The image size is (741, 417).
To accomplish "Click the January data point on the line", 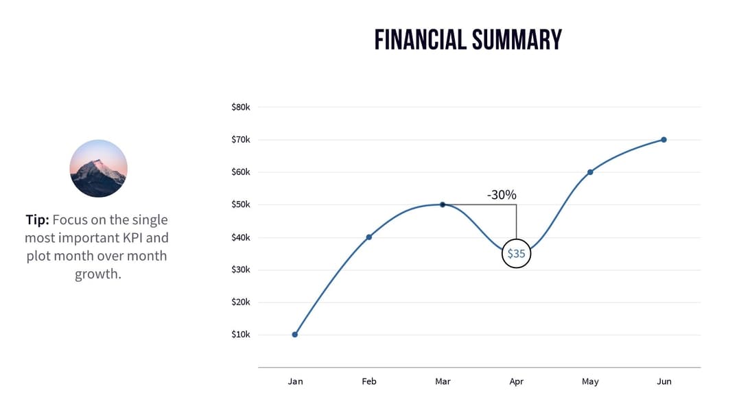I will (x=295, y=335).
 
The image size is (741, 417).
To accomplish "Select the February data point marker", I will (x=369, y=237).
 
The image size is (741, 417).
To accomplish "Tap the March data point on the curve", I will (x=443, y=204).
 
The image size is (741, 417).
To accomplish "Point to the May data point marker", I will (x=590, y=172).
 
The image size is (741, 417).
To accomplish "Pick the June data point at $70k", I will (x=663, y=140).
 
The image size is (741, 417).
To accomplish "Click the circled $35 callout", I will (x=516, y=253).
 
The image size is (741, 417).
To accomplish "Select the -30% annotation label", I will (x=502, y=195).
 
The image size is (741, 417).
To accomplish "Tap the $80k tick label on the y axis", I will (x=241, y=107).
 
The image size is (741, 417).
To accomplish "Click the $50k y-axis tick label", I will (x=241, y=204).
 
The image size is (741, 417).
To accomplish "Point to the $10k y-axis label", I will (x=241, y=335).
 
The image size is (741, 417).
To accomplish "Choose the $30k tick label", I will (x=241, y=270).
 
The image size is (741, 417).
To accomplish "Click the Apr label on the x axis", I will (x=516, y=381).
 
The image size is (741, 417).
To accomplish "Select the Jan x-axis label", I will (x=295, y=381).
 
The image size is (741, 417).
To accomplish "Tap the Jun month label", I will (x=663, y=381).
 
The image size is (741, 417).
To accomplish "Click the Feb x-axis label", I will (x=369, y=381).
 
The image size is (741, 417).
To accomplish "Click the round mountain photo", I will (x=99, y=169).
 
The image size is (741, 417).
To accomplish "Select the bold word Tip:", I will (x=37, y=220).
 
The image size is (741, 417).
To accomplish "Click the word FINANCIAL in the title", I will (x=419, y=40).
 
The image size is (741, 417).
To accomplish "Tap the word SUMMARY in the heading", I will (x=515, y=40).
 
